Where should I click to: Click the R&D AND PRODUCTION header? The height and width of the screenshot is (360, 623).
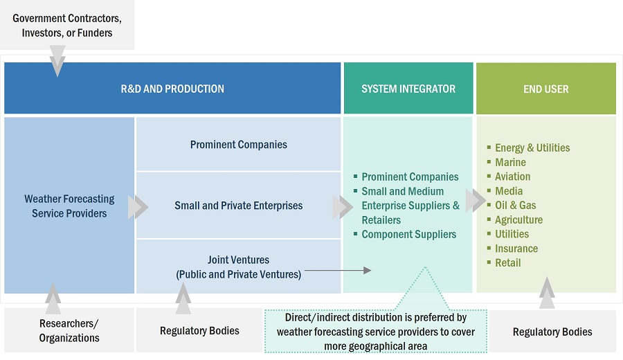[x=172, y=89]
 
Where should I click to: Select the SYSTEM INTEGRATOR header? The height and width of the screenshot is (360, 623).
[x=408, y=89]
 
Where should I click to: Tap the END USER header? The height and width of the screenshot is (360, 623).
[x=546, y=89]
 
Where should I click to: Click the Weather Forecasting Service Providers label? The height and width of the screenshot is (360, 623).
[x=69, y=206]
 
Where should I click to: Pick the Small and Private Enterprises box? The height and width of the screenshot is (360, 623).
[x=239, y=206]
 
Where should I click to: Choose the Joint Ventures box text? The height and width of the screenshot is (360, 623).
[x=239, y=267]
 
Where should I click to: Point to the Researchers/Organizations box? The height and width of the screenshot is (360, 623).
[x=69, y=331]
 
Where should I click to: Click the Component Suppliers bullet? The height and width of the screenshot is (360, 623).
[x=408, y=234]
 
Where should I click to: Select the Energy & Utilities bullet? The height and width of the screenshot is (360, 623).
[x=532, y=147]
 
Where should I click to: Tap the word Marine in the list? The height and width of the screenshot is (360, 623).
[x=510, y=162]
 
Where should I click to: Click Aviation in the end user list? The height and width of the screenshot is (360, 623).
[x=512, y=177]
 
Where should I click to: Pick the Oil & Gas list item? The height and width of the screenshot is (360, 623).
[x=515, y=205]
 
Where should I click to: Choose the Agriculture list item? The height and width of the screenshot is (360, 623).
[x=518, y=219]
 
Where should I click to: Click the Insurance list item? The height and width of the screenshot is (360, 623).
[x=516, y=249]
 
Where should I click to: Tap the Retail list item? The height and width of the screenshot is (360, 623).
[x=507, y=263]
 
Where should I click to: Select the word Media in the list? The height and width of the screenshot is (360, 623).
[x=509, y=191]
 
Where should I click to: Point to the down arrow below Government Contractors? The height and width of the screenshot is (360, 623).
[x=57, y=61]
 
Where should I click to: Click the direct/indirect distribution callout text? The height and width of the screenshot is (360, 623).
[x=376, y=332]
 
